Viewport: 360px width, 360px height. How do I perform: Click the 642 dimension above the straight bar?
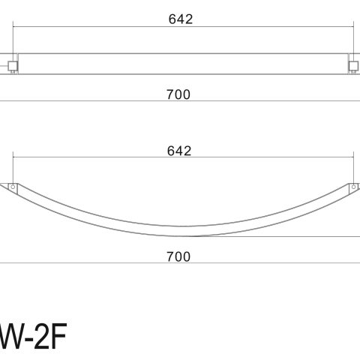tap(181, 19)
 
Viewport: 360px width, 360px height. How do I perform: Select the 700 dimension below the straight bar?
tap(178, 94)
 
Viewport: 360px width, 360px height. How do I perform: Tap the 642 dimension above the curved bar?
tap(179, 151)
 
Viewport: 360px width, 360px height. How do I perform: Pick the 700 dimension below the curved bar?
tap(178, 256)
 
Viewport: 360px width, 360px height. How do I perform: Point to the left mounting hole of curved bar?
tap(13, 186)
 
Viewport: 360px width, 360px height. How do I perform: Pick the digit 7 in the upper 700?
tap(169, 94)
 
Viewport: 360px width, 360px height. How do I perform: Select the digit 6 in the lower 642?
tap(172, 151)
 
